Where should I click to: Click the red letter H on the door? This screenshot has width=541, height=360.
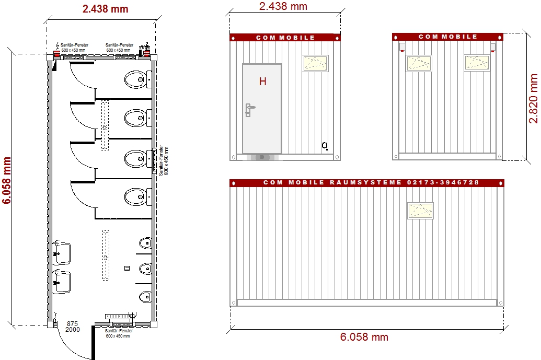(x=263, y=82)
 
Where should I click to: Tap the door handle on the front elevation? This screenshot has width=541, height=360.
(x=249, y=109)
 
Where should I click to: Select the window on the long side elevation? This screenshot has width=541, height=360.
(x=421, y=211)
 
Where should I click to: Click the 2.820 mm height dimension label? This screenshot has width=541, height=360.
(x=533, y=98)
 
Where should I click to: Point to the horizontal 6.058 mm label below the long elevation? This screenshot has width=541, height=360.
(x=364, y=337)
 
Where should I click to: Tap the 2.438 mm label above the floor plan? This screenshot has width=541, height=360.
(x=105, y=9)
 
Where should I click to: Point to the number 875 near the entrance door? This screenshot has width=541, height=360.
(x=72, y=324)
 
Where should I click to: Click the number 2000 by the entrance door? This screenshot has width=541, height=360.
(x=72, y=331)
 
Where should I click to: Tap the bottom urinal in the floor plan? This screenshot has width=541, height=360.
(x=145, y=297)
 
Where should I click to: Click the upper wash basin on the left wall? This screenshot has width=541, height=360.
(x=62, y=252)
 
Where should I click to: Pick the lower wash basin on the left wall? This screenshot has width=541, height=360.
(x=62, y=282)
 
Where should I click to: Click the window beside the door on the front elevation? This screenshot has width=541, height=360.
(x=315, y=63)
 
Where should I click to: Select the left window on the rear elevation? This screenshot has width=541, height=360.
(x=419, y=63)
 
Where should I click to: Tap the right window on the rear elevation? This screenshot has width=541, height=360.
(x=477, y=63)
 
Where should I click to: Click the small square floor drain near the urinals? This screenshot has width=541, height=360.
(x=126, y=268)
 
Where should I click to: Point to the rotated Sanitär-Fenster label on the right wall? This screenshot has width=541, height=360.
(x=163, y=160)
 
